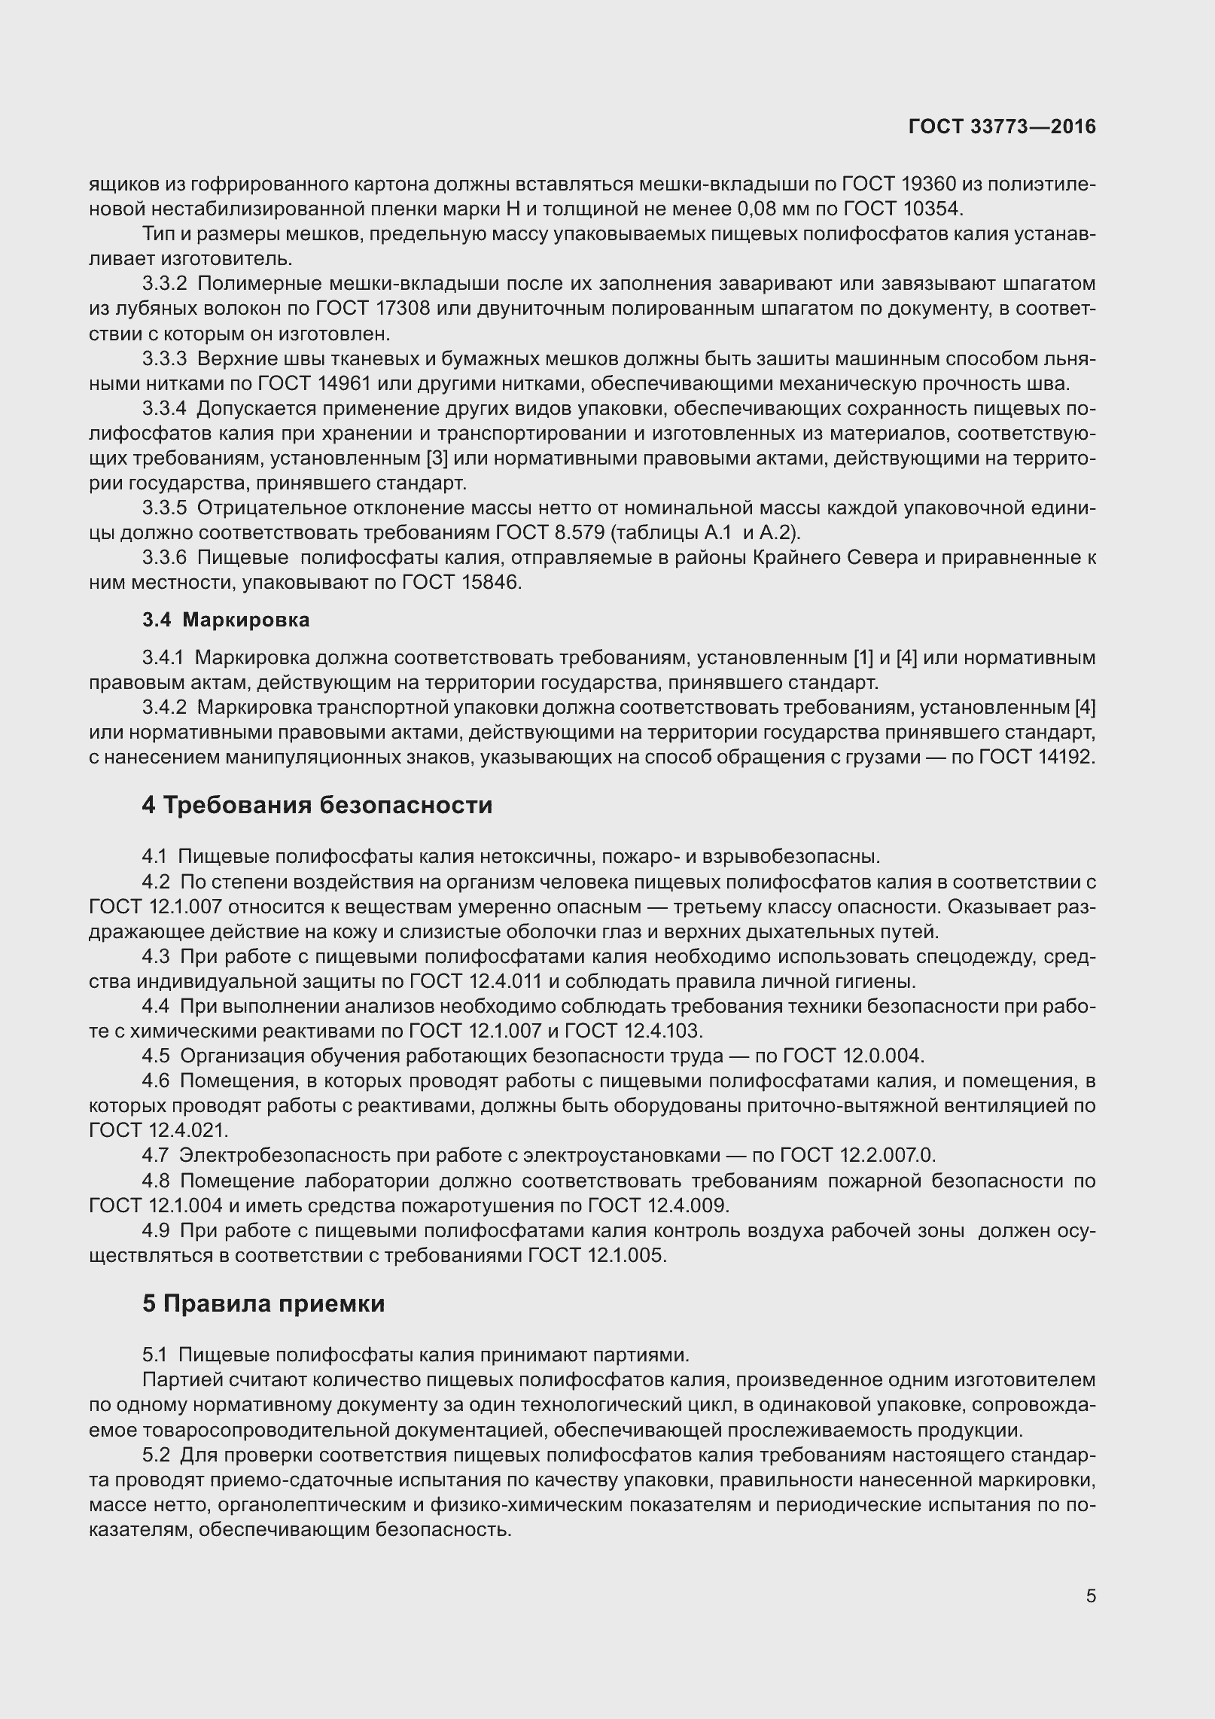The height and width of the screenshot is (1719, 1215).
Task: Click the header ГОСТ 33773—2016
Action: [1002, 127]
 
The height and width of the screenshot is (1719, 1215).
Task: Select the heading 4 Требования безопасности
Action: [317, 805]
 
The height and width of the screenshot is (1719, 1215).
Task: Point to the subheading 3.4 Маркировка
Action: [226, 620]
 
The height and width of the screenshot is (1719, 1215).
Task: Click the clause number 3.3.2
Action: [164, 284]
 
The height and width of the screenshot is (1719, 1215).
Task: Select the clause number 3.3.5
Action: [164, 508]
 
